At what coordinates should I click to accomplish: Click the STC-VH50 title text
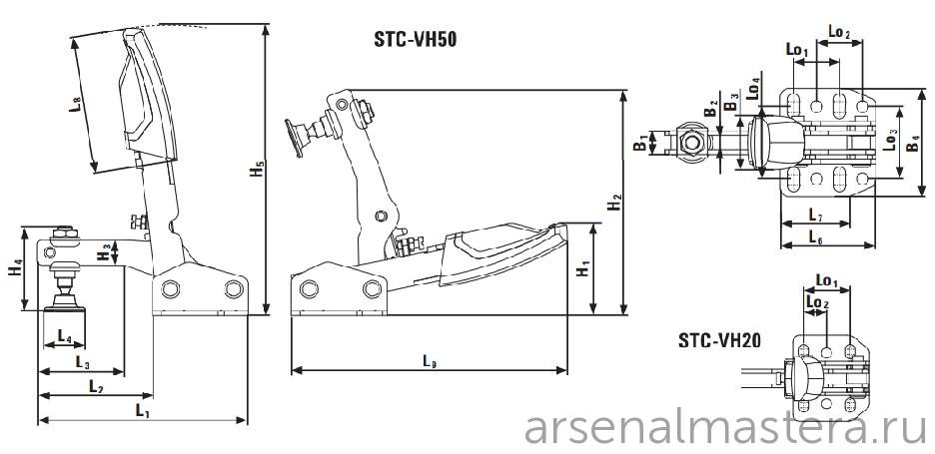[415, 39]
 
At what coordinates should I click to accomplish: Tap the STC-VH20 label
[719, 340]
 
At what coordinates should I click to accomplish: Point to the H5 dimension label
[257, 169]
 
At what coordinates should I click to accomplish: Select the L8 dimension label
[76, 104]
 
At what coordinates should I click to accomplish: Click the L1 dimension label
[142, 410]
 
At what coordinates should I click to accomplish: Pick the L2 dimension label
[96, 385]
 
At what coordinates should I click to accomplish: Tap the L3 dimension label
[83, 361]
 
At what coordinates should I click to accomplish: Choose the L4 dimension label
[64, 336]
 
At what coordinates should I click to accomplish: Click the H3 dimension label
[104, 251]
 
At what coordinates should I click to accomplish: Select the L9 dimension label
[431, 360]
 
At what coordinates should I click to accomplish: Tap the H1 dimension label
[583, 268]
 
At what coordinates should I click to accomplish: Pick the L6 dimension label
[816, 235]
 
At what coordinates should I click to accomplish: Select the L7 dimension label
[816, 214]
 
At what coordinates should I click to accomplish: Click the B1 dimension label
[640, 143]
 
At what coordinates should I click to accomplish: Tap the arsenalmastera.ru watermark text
[725, 427]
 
